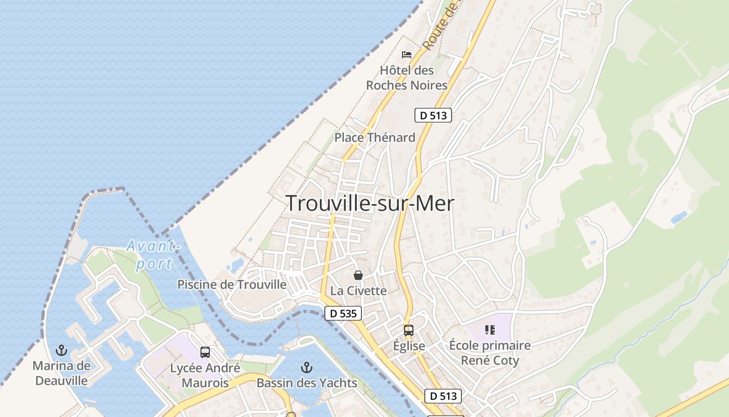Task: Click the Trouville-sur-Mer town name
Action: click(x=370, y=203)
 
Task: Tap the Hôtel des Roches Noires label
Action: click(x=407, y=78)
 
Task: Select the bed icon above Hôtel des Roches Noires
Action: click(x=407, y=54)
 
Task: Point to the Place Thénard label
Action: click(x=375, y=138)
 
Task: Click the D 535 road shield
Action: click(x=343, y=313)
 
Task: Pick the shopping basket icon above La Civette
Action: click(x=358, y=275)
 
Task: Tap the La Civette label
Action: click(x=359, y=291)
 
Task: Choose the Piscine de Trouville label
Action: click(x=232, y=285)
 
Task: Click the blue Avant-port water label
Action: click(x=153, y=254)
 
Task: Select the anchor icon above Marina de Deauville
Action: click(x=61, y=350)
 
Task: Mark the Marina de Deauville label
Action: click(x=61, y=373)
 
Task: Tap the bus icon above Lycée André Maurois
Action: click(x=205, y=352)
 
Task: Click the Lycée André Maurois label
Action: click(x=205, y=375)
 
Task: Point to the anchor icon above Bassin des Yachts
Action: click(x=307, y=368)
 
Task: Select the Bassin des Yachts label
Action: click(x=307, y=383)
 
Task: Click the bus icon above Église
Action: click(x=409, y=330)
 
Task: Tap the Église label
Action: click(x=409, y=346)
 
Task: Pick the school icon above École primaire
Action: click(x=489, y=329)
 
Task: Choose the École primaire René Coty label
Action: click(x=490, y=353)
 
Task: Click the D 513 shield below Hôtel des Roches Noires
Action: click(x=433, y=116)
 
